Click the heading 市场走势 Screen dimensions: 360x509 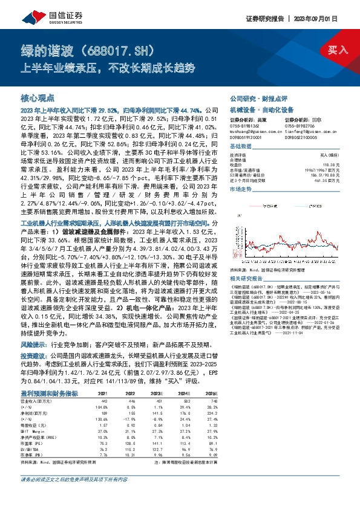(240, 189)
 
